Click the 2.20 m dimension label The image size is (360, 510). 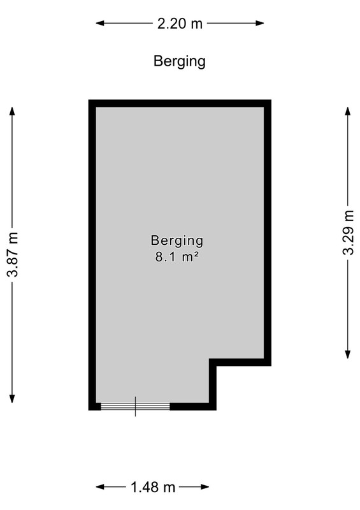(180, 24)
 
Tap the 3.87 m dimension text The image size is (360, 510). (13, 254)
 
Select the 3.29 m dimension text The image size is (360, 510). (348, 233)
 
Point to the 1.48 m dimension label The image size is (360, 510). (153, 487)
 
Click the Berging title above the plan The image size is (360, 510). (180, 61)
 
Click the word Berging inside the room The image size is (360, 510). (177, 241)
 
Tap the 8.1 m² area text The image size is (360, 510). (177, 257)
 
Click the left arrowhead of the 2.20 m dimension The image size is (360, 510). (100, 23)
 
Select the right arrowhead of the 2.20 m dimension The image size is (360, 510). (260, 23)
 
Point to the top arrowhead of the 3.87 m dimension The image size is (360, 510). (12, 111)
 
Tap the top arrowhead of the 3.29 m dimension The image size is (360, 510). (348, 111)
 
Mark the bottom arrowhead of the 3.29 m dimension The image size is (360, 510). (348, 354)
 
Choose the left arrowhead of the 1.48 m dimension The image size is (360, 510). (100, 487)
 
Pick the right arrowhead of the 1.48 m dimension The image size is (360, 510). (205, 487)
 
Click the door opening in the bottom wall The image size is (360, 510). (135, 406)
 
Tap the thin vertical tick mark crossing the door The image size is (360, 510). (135, 407)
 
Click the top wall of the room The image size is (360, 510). (180, 103)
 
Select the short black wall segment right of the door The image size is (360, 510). (193, 406)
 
